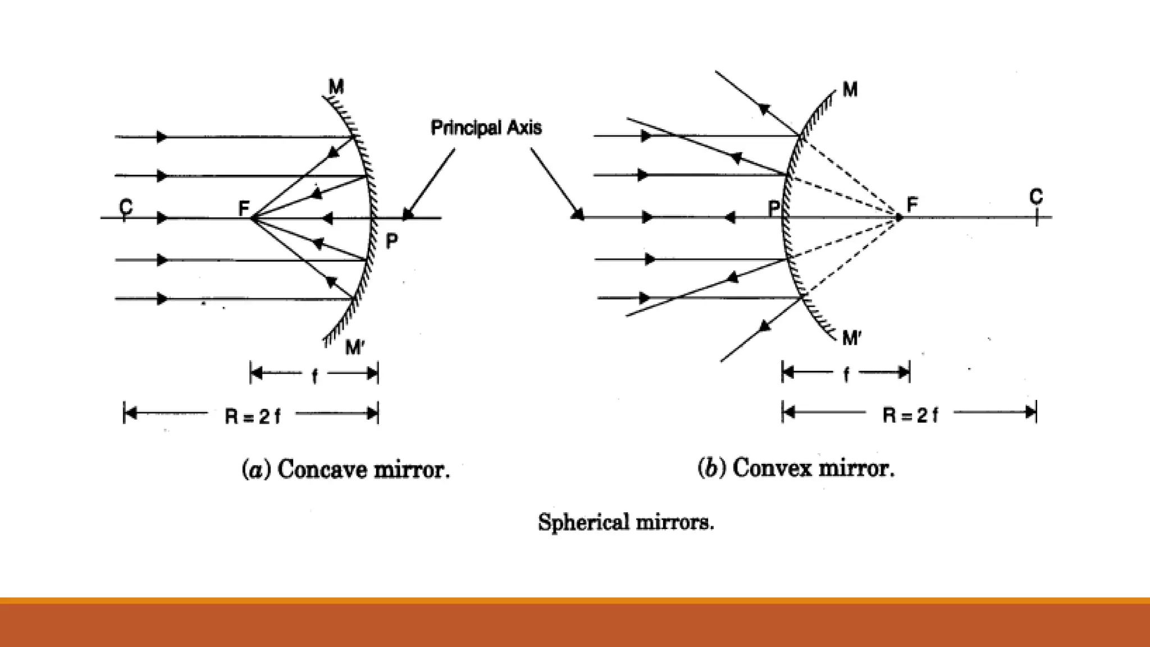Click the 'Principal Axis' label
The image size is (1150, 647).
(486, 128)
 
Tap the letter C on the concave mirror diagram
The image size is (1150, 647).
(126, 207)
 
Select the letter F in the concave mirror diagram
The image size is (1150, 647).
(244, 208)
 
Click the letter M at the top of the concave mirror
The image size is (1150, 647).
(336, 87)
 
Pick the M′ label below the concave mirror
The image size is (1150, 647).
(354, 348)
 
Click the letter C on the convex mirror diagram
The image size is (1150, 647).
(1036, 197)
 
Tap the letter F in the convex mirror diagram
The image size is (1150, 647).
(912, 204)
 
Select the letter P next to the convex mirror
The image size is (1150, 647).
(774, 209)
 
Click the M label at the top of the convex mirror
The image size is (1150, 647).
(850, 89)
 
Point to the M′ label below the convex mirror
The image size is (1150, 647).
(852, 338)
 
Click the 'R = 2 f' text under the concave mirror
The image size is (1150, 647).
(252, 416)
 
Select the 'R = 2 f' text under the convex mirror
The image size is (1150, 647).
(910, 415)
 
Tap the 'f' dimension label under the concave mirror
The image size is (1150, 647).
(314, 375)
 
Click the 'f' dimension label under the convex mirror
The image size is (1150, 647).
(846, 374)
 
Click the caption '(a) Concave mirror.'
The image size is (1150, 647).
(345, 470)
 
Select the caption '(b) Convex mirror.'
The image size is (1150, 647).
(796, 468)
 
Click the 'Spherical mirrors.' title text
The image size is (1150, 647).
(626, 522)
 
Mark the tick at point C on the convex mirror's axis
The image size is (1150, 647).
(1037, 217)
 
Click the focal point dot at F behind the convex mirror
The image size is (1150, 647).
(898, 217)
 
